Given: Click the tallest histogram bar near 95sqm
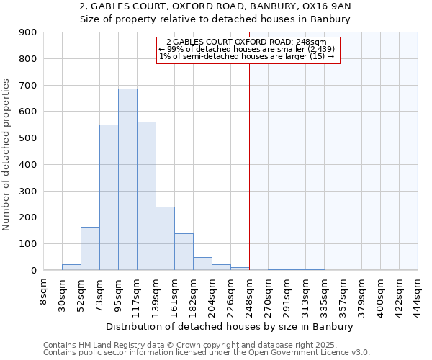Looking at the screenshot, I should [x=127, y=180].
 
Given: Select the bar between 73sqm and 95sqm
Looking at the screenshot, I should [x=109, y=198].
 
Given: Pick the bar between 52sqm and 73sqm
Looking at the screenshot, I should [x=90, y=248].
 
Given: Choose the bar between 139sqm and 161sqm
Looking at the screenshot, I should [x=165, y=238].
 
